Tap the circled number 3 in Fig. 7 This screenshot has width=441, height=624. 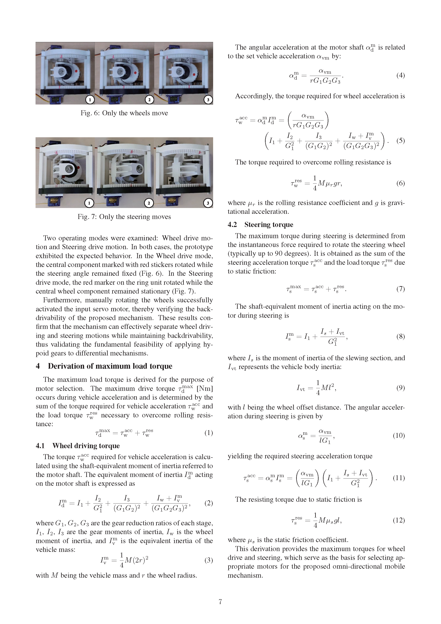point(208,203)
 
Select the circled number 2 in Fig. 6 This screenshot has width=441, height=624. point(149,100)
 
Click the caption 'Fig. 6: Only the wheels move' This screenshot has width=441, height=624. point(124,113)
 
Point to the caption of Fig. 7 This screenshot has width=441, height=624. point(124,217)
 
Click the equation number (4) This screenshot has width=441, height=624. point(400,75)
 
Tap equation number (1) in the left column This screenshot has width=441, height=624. point(208,433)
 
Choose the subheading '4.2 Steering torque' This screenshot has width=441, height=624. point(260,225)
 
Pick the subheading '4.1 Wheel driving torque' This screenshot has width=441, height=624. point(78,446)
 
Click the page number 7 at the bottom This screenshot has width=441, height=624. point(220,602)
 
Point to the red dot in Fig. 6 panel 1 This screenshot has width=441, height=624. point(77,71)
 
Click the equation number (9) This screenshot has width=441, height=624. point(400,388)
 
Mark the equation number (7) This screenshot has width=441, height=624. point(400,289)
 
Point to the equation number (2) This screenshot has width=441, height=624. point(208,503)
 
